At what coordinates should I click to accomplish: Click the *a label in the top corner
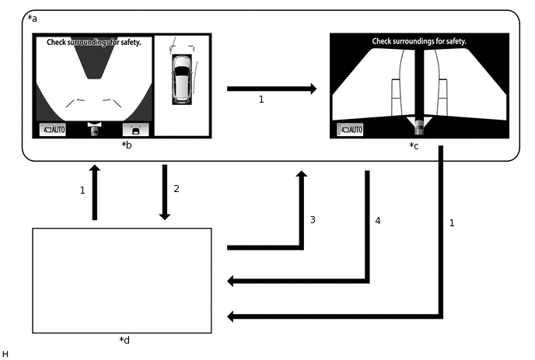tap(32, 18)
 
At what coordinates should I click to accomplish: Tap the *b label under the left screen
tap(125, 145)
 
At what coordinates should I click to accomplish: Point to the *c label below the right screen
tap(414, 145)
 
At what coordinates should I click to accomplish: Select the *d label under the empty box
tap(124, 340)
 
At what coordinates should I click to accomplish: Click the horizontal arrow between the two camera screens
tap(271, 89)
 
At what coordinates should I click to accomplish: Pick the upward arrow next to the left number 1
tap(95, 191)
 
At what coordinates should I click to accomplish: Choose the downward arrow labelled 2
tap(165, 191)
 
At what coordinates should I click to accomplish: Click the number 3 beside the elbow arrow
tap(312, 220)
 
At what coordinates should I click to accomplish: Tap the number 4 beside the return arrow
tap(378, 221)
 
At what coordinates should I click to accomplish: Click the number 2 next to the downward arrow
tap(176, 189)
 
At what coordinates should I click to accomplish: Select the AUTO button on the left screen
tap(53, 129)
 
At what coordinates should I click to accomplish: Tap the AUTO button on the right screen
tap(350, 130)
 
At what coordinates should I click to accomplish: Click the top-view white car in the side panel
tap(181, 79)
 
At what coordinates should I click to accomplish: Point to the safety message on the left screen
tap(94, 42)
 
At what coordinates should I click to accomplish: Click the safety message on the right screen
tap(419, 41)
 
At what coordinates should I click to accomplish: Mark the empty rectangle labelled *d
tap(122, 280)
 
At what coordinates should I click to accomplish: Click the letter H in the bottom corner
tap(5, 354)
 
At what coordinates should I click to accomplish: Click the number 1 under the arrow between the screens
tap(261, 100)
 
